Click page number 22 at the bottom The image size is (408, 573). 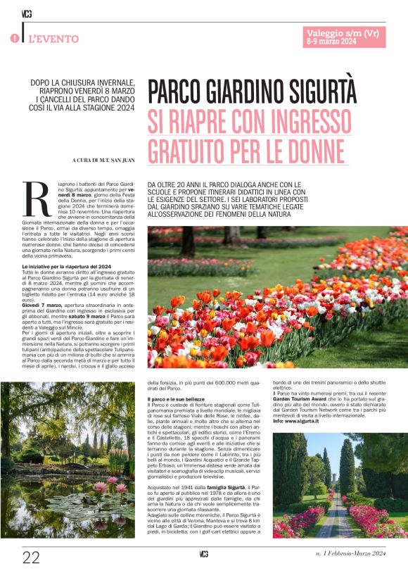pyautogui.click(x=31, y=558)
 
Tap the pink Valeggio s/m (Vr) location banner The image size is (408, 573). pyautogui.click(x=345, y=33)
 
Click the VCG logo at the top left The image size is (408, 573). pyautogui.click(x=27, y=13)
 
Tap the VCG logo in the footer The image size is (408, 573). pyautogui.click(x=204, y=557)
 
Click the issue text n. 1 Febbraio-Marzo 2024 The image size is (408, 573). pyautogui.click(x=350, y=558)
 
